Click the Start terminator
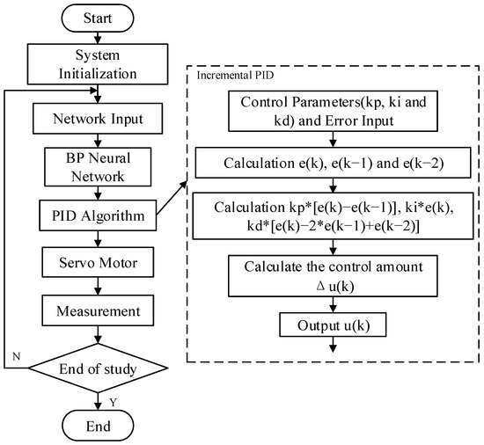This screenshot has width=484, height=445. coord(97,18)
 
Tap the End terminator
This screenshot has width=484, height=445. coord(97,426)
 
